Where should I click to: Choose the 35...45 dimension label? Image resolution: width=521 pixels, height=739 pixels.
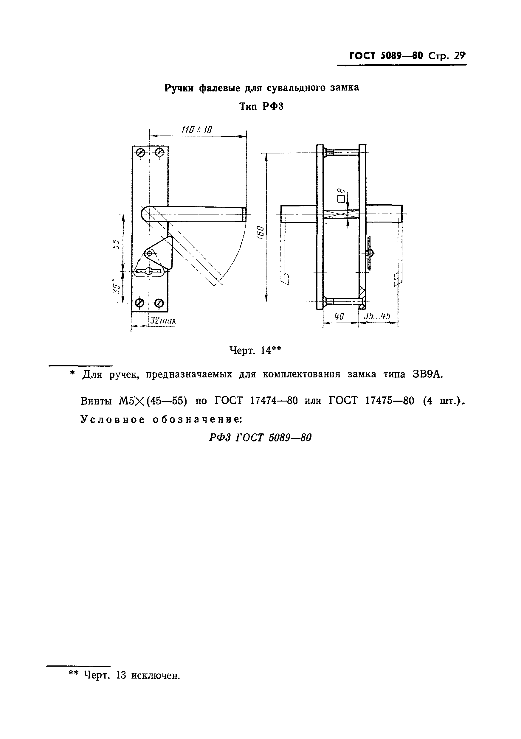pyautogui.click(x=377, y=316)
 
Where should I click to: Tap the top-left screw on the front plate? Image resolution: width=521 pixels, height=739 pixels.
pyautogui.click(x=141, y=153)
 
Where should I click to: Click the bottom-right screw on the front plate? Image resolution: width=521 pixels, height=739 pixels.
pyautogui.click(x=159, y=303)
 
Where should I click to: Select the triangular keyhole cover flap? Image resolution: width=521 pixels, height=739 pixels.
pyautogui.click(x=161, y=253)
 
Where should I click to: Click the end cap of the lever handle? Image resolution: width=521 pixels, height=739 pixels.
pyautogui.click(x=244, y=214)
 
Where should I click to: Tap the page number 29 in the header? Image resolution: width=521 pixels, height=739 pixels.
pyautogui.click(x=460, y=56)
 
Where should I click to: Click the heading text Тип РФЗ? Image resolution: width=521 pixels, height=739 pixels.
pyautogui.click(x=261, y=106)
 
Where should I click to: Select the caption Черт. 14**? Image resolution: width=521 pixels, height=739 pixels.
pyautogui.click(x=255, y=350)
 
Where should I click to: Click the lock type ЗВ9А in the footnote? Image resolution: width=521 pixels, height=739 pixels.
pyautogui.click(x=428, y=374)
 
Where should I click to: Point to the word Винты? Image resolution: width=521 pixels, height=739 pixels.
pyautogui.click(x=96, y=401)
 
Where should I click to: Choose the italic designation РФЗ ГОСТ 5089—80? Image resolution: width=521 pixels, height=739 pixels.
pyautogui.click(x=260, y=438)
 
